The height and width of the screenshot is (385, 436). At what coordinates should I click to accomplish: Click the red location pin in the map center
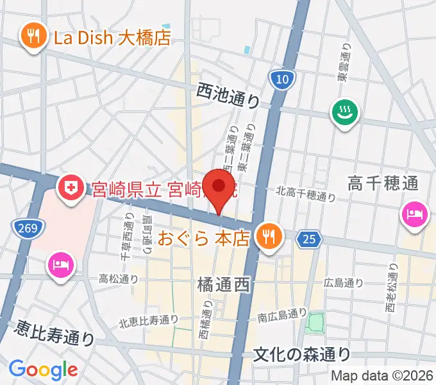pyautogui.click(x=220, y=187)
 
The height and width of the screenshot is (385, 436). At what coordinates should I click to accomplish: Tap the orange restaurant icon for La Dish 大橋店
pyautogui.click(x=31, y=38)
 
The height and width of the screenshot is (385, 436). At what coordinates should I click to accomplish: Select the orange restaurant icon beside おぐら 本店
pyautogui.click(x=267, y=237)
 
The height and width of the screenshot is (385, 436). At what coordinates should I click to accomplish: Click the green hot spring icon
pyautogui.click(x=345, y=114)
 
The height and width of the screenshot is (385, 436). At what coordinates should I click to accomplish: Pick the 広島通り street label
pyautogui.click(x=344, y=282)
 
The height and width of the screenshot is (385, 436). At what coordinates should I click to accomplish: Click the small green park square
pyautogui.click(x=315, y=323)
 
